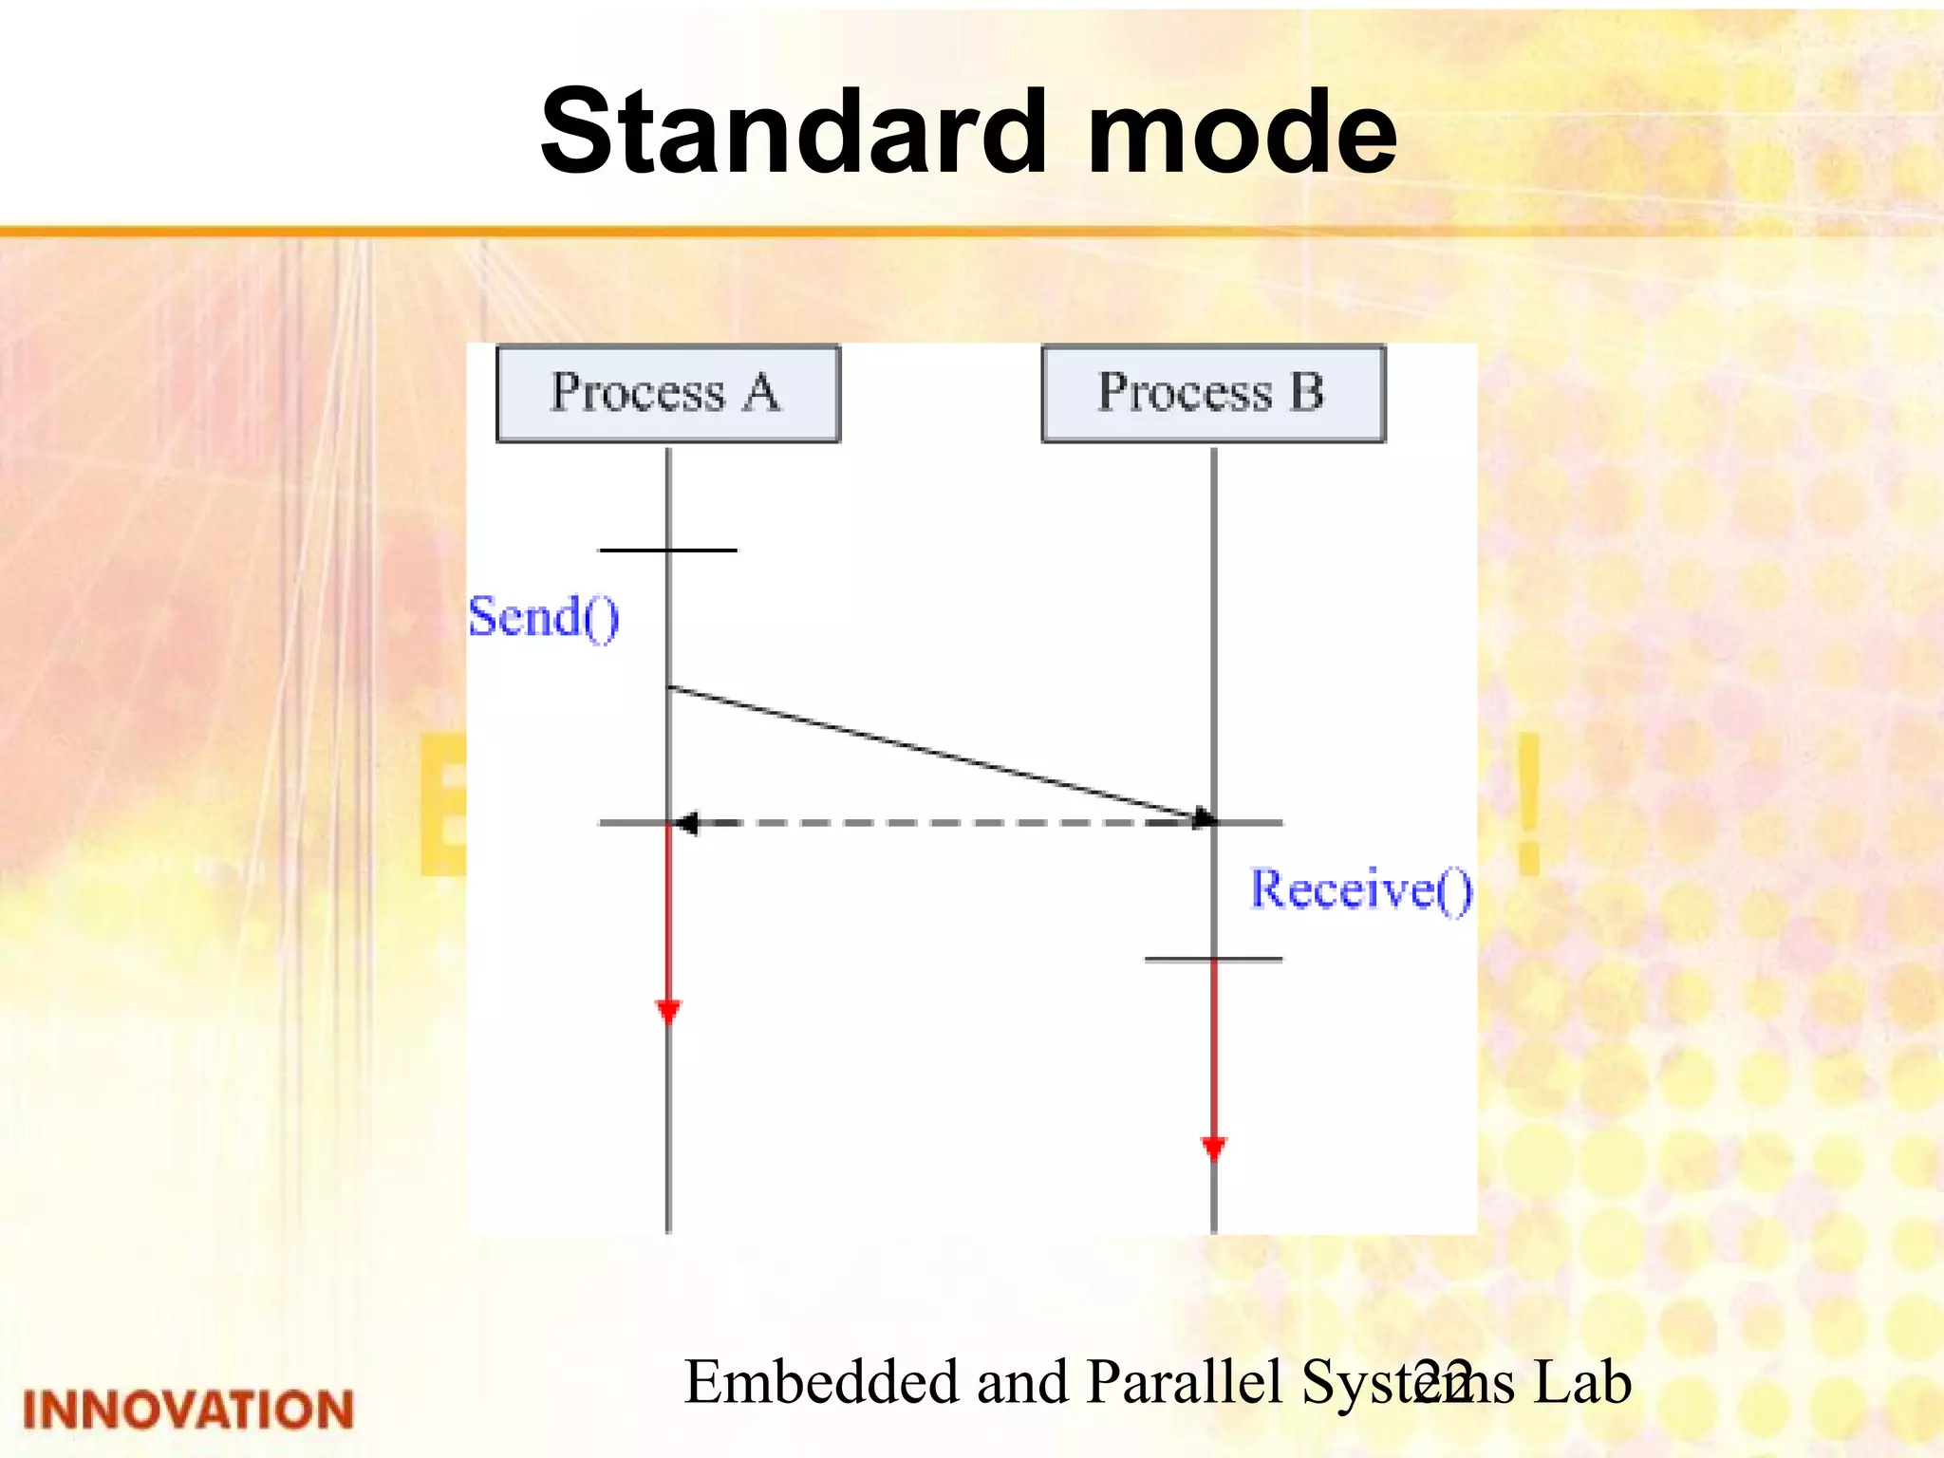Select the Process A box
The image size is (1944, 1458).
[x=668, y=393]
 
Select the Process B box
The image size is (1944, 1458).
[x=1213, y=393]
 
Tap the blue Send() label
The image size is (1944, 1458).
[x=544, y=617]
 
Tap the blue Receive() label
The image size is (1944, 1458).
[x=1360, y=889]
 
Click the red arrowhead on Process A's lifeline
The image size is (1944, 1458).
[x=668, y=1011]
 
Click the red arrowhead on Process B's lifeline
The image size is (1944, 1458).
[x=1214, y=1148]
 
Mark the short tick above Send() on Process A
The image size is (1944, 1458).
[x=668, y=550]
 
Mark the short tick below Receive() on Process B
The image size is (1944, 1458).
[x=1213, y=960]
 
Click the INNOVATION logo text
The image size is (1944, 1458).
[x=188, y=1410]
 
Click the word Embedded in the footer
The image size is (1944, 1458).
[x=821, y=1381]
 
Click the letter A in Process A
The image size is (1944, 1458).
[x=761, y=392]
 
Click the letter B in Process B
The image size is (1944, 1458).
[x=1307, y=392]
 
